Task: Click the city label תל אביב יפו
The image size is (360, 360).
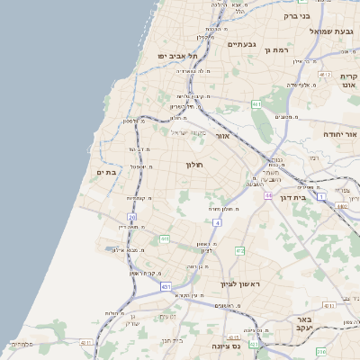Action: [177, 55]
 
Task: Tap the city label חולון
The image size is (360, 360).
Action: [195, 165]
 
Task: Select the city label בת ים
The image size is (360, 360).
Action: [106, 172]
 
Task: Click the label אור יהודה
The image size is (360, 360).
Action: [340, 133]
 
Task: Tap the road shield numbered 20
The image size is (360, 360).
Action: [131, 216]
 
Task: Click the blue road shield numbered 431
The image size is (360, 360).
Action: [166, 286]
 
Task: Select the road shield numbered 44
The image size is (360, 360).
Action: [268, 193]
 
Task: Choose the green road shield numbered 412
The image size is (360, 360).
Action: [239, 249]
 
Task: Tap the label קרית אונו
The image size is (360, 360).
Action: [348, 83]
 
